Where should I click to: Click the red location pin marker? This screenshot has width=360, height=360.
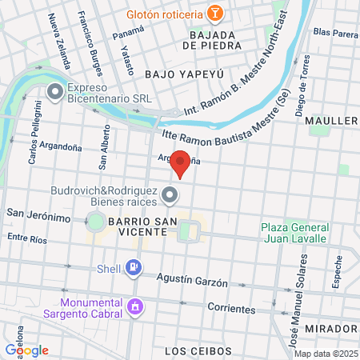(x=181, y=164)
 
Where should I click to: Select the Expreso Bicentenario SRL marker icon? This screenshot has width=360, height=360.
(x=55, y=93)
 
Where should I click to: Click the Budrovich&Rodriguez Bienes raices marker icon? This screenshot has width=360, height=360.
(x=170, y=194)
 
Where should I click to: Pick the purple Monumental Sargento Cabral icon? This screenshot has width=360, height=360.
(x=135, y=306)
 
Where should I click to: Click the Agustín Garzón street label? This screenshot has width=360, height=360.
(x=193, y=283)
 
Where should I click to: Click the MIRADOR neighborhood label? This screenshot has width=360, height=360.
(x=331, y=329)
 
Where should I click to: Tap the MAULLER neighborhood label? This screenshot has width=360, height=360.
(x=331, y=121)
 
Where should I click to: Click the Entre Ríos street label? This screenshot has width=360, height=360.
(x=29, y=238)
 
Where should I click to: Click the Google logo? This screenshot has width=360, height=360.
(x=27, y=350)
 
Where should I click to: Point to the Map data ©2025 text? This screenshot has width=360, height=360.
(x=324, y=354)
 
